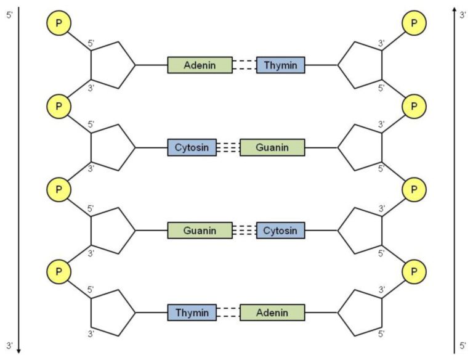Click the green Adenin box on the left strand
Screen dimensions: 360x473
point(200,65)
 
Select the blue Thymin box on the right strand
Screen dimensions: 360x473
point(280,65)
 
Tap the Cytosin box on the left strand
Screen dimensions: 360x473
point(192,147)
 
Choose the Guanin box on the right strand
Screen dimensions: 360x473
point(272,147)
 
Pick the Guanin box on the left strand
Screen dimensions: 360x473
point(200,231)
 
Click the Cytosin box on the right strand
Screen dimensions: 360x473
point(280,231)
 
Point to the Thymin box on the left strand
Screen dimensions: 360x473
point(192,313)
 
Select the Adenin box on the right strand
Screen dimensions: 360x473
point(272,313)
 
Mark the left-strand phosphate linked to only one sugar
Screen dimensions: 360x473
point(59,23)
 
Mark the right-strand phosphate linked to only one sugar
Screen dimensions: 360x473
point(414,23)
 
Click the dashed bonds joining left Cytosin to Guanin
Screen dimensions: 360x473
point(228,147)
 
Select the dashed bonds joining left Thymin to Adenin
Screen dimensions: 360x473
point(228,313)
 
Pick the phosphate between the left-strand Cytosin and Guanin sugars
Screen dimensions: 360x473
point(59,189)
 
